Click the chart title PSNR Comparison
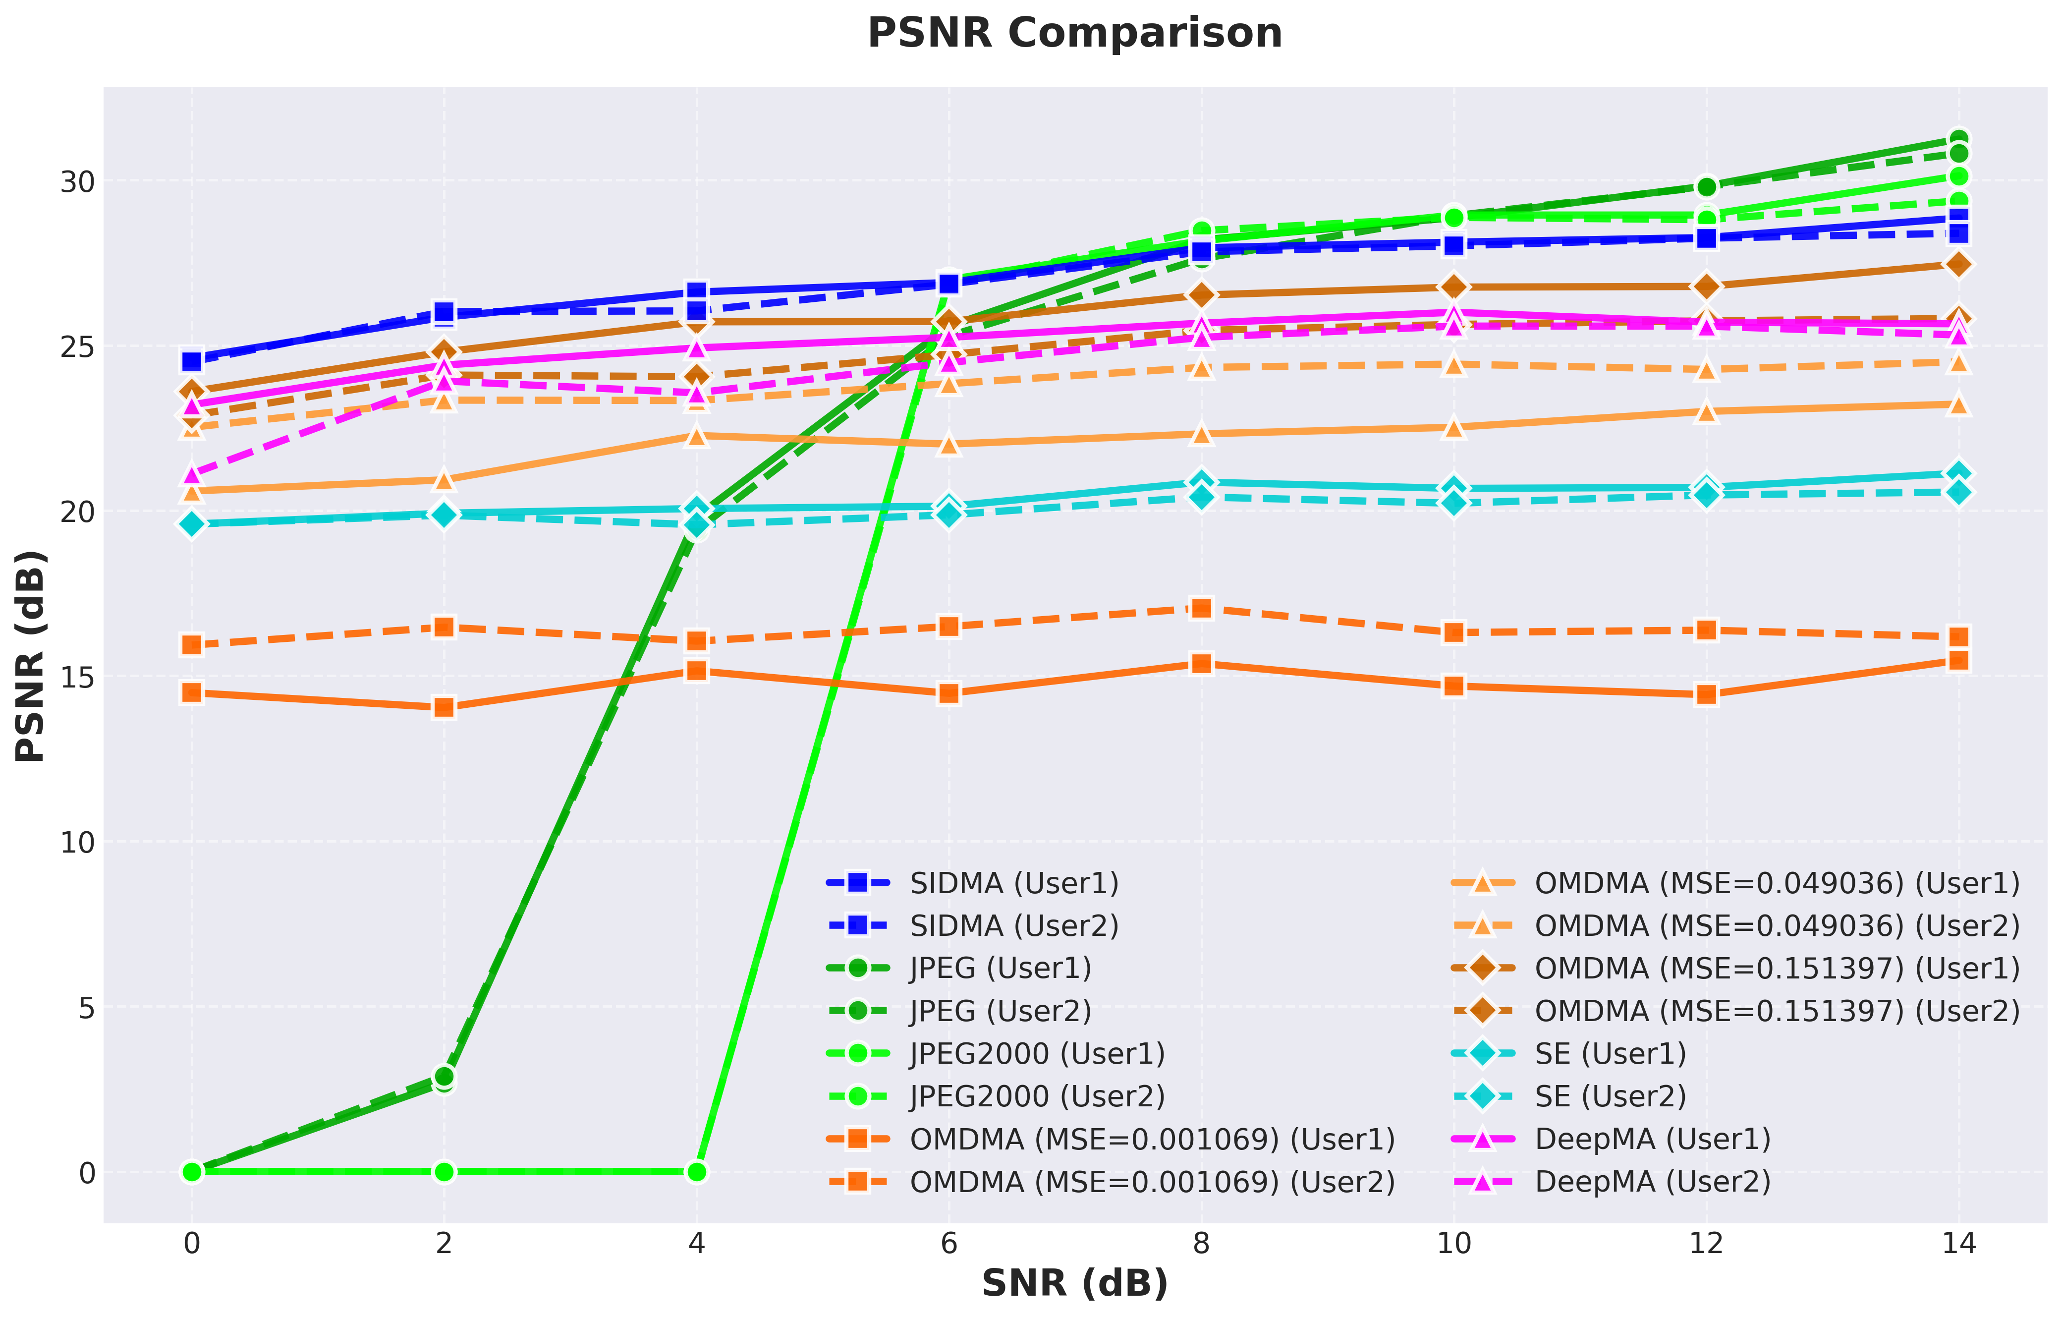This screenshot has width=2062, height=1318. click(1075, 33)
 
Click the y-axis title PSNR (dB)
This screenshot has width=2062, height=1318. click(32, 656)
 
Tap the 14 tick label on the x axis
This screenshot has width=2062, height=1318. click(1958, 1243)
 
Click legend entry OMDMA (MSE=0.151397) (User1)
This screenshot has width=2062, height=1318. click(1736, 969)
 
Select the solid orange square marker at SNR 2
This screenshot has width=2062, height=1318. click(444, 707)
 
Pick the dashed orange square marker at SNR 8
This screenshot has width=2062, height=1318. click(1201, 608)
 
